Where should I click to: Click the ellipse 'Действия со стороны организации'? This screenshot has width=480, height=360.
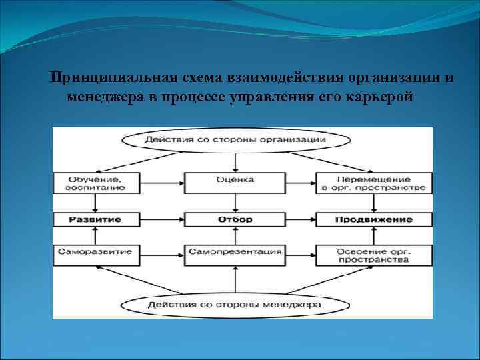(x=235, y=140)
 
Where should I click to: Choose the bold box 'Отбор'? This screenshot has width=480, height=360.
(x=235, y=219)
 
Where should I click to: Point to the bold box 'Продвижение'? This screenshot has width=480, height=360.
(x=373, y=219)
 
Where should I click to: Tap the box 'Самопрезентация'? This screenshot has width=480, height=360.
(x=235, y=253)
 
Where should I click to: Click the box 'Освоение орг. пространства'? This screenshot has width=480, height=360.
(x=373, y=255)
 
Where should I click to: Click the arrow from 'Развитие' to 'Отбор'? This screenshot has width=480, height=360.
(x=162, y=219)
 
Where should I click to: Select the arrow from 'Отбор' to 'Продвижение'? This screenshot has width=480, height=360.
(x=301, y=219)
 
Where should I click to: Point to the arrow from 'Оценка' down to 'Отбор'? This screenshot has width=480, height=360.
(x=235, y=201)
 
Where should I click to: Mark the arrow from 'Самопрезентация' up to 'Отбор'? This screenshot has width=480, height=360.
(x=235, y=236)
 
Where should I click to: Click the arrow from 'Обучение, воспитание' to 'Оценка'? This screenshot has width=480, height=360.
(x=162, y=181)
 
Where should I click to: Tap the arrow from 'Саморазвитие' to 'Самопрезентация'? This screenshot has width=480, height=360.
(x=162, y=253)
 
